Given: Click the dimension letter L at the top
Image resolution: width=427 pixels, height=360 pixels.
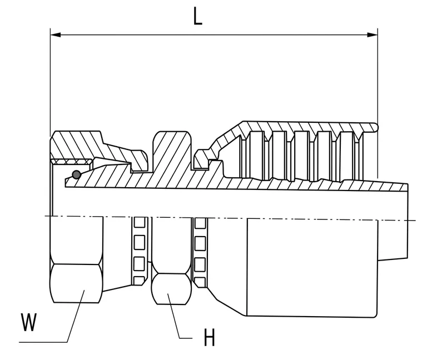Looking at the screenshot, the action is click(198, 16).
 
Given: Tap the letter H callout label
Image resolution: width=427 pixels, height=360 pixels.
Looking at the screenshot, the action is click(210, 337).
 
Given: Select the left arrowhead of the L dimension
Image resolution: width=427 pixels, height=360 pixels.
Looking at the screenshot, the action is click(56, 35).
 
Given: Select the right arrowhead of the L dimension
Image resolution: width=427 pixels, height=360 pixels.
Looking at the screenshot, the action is click(373, 35).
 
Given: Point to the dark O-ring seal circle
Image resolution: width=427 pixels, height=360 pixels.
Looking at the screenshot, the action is click(77, 174).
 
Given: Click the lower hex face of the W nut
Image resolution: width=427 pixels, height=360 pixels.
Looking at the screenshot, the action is click(76, 283).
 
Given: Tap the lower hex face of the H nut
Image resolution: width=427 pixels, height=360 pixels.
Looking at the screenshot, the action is click(171, 289).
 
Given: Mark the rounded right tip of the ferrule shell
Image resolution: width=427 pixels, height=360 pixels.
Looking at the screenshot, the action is click(376, 127).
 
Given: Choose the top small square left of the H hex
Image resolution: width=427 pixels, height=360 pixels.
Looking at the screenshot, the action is click(140, 222).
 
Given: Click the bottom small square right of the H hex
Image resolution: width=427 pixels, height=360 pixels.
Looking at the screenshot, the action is click(200, 281).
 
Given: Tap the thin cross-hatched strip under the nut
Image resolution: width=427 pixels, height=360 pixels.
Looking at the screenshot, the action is click(71, 161).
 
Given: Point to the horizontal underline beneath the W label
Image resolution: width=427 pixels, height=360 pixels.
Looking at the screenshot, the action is click(43, 342).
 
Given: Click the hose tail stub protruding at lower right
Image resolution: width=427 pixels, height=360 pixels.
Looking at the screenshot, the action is click(393, 239).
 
